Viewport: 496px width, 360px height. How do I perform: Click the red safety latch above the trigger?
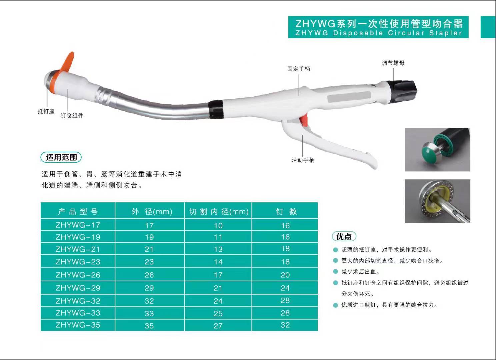click(x=304, y=120)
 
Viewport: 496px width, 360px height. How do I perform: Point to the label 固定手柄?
click(x=299, y=69)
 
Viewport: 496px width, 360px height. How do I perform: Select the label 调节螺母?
click(x=393, y=63)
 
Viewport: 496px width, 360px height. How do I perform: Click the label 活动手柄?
click(x=303, y=160)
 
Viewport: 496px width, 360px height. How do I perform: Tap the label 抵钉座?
click(x=46, y=111)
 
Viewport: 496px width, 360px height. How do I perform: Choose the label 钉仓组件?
click(x=72, y=115)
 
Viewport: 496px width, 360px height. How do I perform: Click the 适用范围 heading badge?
click(x=61, y=157)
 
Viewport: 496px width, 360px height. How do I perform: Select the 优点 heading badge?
click(x=344, y=237)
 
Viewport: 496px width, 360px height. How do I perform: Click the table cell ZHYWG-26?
click(x=78, y=275)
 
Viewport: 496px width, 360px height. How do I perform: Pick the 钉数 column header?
click(x=285, y=211)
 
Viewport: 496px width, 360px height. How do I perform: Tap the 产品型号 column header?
click(x=78, y=211)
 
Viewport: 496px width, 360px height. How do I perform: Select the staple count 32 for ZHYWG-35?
click(x=285, y=325)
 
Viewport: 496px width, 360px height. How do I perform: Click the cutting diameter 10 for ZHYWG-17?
click(x=218, y=226)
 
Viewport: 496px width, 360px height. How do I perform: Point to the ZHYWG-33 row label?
click(x=78, y=313)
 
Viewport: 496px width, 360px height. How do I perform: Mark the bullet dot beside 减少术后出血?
click(x=336, y=272)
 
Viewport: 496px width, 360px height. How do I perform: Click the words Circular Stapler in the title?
click(x=425, y=33)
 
